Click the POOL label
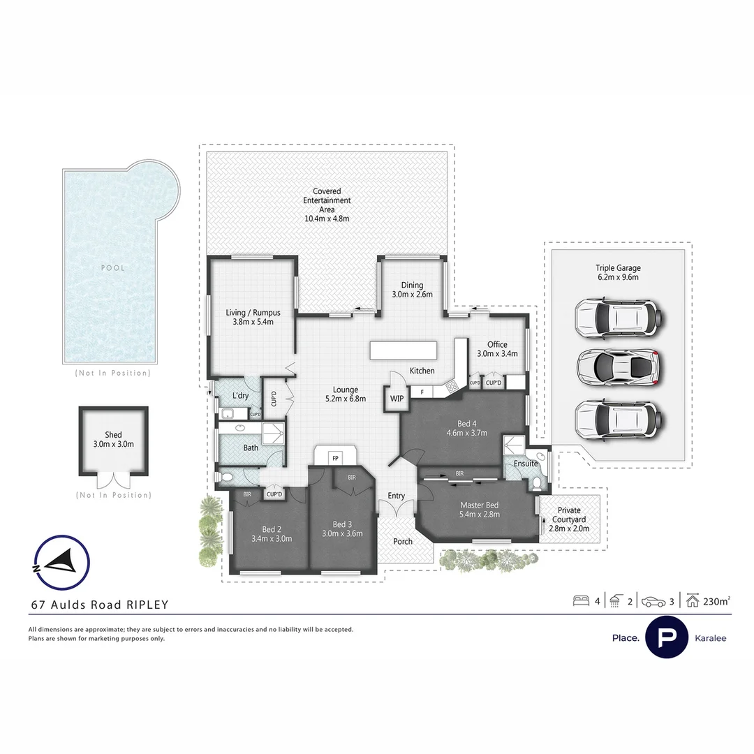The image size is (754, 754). pyautogui.click(x=112, y=267)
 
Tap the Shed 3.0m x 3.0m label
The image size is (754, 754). pyautogui.click(x=113, y=439)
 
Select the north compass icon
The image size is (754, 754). pyautogui.click(x=61, y=563)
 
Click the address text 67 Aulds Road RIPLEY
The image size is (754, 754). pyautogui.click(x=99, y=605)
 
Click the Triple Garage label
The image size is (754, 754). pyautogui.click(x=617, y=272)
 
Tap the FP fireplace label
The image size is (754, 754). pyautogui.click(x=335, y=458)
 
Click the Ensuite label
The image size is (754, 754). pyautogui.click(x=525, y=463)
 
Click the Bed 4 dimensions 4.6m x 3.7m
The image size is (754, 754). pyautogui.click(x=466, y=433)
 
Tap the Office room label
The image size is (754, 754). pyautogui.click(x=497, y=344)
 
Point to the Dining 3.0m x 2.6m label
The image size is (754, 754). pyautogui.click(x=412, y=289)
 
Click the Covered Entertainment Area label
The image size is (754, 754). pyautogui.click(x=327, y=205)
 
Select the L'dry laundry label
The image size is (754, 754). pyautogui.click(x=240, y=396)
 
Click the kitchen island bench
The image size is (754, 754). pyautogui.click(x=404, y=349)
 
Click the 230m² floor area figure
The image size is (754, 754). pyautogui.click(x=717, y=600)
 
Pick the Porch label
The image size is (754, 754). pyautogui.click(x=403, y=541)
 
